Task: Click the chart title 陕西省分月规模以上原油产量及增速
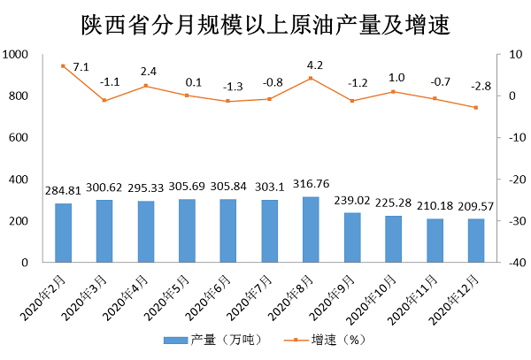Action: pos(265,24)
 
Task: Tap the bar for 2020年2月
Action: pos(64,234)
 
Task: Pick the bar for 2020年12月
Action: pos(476,241)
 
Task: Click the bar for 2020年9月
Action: pos(352,238)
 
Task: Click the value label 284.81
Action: pos(64,193)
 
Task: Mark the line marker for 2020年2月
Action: pos(64,66)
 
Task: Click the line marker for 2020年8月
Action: pos(311,78)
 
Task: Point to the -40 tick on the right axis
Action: pos(511,263)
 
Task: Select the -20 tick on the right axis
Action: pos(511,180)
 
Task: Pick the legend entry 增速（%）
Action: pos(323,340)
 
